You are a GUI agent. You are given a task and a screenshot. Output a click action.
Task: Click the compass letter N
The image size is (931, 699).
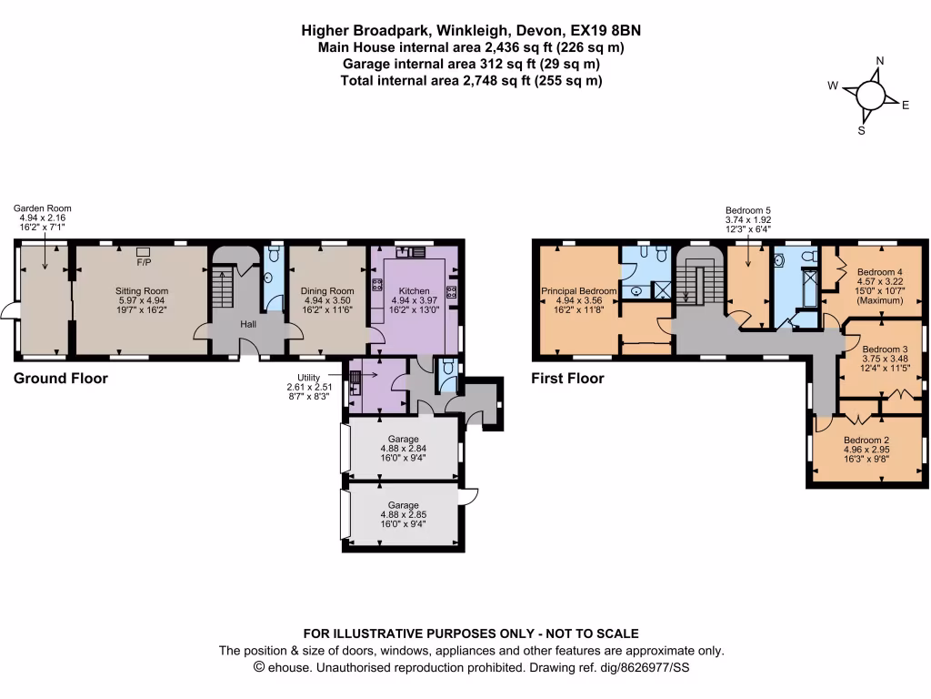click(879, 61)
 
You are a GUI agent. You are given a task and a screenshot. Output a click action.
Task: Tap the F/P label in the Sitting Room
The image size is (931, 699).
click(144, 262)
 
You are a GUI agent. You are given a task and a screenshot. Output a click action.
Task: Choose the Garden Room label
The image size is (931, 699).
click(42, 208)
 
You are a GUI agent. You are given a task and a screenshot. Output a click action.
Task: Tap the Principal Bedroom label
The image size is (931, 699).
click(579, 291)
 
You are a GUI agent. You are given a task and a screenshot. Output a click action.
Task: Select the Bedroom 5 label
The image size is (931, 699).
click(747, 208)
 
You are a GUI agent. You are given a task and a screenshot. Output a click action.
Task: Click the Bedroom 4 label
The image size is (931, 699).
click(880, 272)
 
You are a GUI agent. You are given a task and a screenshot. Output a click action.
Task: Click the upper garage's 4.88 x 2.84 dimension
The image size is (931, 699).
click(403, 448)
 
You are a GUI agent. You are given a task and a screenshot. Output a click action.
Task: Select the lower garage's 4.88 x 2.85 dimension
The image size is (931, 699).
click(403, 515)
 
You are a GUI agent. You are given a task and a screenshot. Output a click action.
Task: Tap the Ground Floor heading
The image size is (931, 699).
click(61, 379)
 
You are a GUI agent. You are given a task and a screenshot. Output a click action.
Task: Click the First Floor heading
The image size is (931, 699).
click(567, 379)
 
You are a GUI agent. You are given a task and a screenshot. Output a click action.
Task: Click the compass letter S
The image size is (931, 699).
click(861, 130)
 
